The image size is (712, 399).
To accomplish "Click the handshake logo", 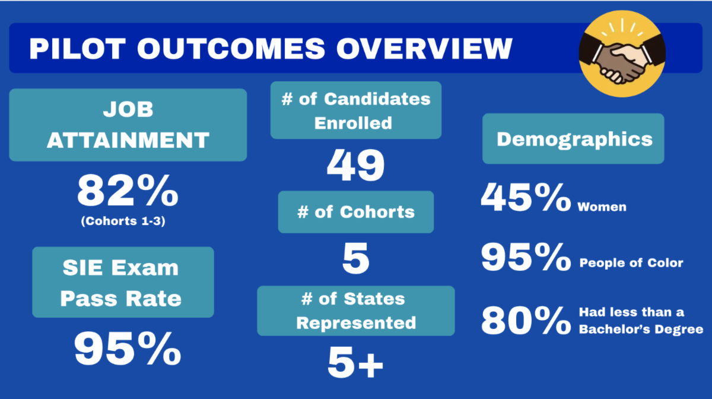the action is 622,53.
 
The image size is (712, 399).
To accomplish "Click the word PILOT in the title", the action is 78,49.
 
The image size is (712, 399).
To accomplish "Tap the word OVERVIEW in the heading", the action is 424,49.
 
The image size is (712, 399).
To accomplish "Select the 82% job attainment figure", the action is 128,191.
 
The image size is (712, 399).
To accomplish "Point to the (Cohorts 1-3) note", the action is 123,221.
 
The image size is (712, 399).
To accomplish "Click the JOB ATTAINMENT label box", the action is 128,125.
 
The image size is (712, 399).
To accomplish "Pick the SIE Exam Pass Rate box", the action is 123,282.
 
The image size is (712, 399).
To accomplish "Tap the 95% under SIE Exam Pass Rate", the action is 128,348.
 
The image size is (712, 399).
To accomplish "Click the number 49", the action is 355,165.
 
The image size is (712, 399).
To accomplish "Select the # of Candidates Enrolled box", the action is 356,110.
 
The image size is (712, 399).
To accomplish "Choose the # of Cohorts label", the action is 356,212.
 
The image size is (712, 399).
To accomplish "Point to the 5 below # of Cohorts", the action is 356,258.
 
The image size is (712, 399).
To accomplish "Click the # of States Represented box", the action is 356,311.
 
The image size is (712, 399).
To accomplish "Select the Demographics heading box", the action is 573,139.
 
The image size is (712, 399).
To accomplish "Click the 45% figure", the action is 526,197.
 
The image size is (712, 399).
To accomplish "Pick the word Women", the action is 602,207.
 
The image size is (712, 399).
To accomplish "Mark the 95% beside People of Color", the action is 526,256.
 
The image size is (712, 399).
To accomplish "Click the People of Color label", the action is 631,263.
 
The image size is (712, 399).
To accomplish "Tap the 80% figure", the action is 526,320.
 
